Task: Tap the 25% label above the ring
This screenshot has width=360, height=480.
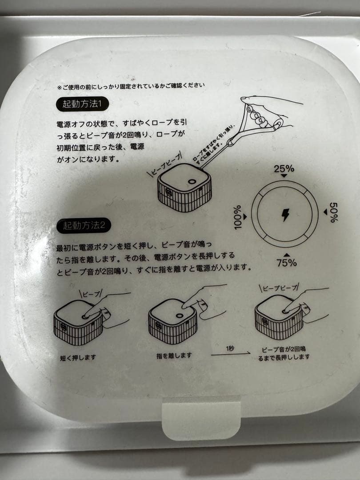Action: pyautogui.click(x=284, y=169)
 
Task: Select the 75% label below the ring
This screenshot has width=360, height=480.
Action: pyautogui.click(x=286, y=262)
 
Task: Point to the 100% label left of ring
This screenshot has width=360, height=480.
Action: pyautogui.click(x=238, y=217)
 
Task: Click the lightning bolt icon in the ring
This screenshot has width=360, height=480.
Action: pyautogui.click(x=285, y=215)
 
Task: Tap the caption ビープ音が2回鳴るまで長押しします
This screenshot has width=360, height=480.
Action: pyautogui.click(x=284, y=353)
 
